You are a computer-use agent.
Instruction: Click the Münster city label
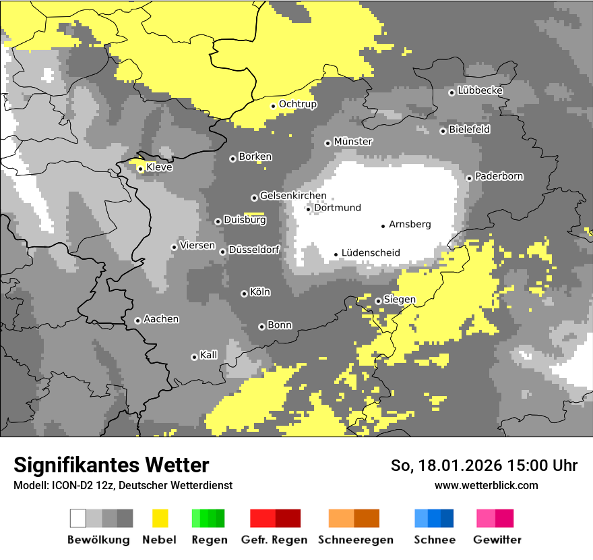[x=353, y=142]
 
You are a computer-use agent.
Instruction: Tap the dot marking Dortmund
[x=309, y=209]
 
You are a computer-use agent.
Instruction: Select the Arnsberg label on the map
[x=410, y=225]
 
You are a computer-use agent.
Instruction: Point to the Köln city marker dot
[x=244, y=293]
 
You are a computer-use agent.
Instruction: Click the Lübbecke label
[x=480, y=90]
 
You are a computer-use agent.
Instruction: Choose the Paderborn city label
[x=499, y=177]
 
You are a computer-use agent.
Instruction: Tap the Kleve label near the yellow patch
[x=159, y=167]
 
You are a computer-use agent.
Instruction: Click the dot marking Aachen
[x=137, y=320]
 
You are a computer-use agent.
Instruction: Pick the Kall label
[x=209, y=355]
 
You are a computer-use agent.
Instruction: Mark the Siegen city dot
[x=378, y=301]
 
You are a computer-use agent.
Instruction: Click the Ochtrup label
[x=298, y=105]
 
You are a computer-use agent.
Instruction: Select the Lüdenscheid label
[x=371, y=253]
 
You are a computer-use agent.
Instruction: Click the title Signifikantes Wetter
[x=111, y=465]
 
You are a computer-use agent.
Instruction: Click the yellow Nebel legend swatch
[x=160, y=518]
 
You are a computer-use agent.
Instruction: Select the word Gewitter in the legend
[x=497, y=540]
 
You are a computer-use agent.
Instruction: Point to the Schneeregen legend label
[x=356, y=540]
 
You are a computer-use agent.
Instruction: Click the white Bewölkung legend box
[x=78, y=518]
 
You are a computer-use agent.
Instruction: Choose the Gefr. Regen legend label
[x=274, y=540]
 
